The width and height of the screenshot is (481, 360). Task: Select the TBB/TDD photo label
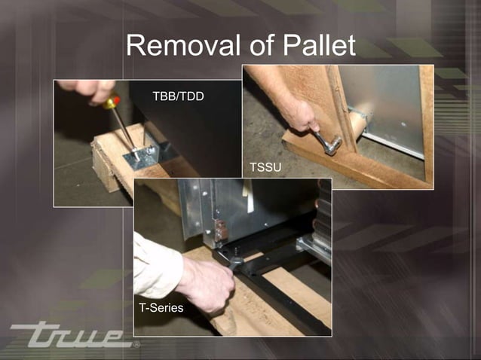coord(178,97)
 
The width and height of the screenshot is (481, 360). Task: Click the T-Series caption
coord(161,308)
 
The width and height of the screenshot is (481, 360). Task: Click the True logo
coord(71,334)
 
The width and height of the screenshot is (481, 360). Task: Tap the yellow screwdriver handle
coord(114,102)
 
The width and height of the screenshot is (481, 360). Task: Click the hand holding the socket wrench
coord(302,117)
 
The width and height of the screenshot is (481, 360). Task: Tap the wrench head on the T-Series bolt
coord(234,259)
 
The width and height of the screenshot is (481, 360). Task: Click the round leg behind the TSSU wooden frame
coord(369,121)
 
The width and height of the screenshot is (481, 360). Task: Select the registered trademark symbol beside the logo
coord(136,345)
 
